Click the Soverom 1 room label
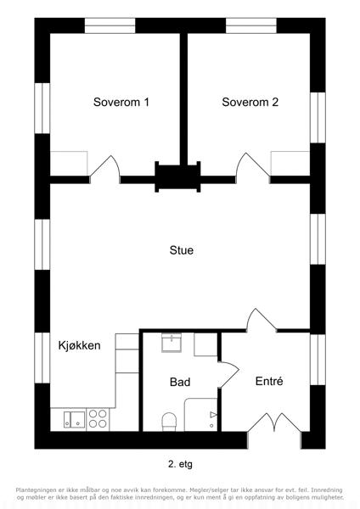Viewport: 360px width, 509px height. (x=121, y=102)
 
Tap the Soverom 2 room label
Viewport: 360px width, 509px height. (x=250, y=102)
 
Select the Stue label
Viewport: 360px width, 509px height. (x=182, y=250)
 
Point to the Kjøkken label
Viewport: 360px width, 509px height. (x=79, y=345)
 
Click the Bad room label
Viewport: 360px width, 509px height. (x=180, y=382)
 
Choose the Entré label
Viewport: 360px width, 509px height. (x=269, y=381)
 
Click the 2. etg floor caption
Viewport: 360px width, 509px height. (x=180, y=464)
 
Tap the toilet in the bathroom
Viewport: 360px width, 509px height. (x=169, y=422)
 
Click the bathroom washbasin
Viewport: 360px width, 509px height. (x=172, y=343)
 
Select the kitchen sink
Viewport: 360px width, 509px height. (x=75, y=419)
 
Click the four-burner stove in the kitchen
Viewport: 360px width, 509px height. (x=98, y=419)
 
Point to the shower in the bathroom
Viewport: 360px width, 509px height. (x=200, y=415)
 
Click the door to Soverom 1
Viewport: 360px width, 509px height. (x=105, y=169)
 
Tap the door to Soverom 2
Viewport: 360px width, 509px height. (x=252, y=168)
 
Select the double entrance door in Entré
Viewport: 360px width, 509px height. (x=274, y=422)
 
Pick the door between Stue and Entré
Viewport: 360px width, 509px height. (x=262, y=321)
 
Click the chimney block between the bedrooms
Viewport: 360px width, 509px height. (x=177, y=177)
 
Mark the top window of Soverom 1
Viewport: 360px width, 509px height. (x=110, y=25)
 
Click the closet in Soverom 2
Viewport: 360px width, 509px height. (x=290, y=163)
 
